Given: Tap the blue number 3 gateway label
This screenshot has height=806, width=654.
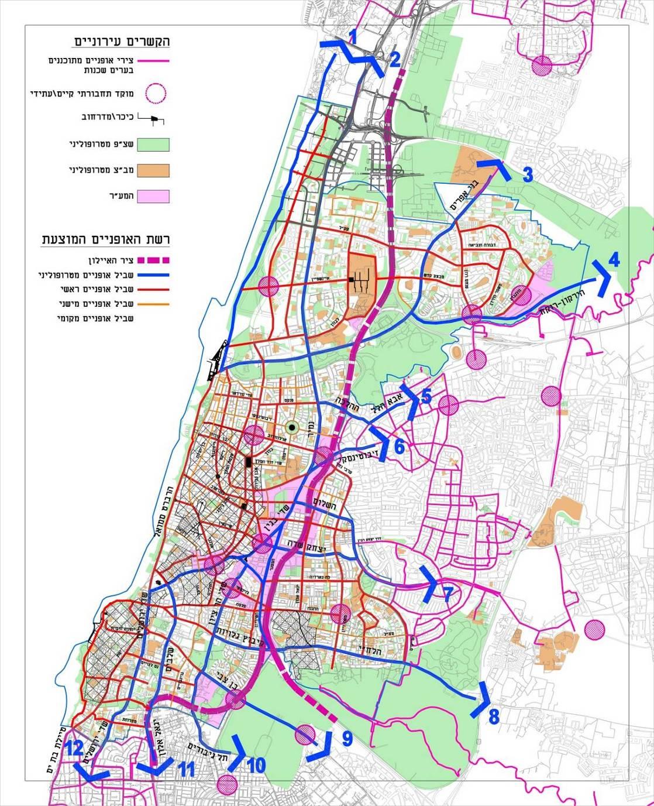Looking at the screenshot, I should coord(528,174).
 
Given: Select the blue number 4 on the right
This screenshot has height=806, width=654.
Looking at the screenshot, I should coord(614,259).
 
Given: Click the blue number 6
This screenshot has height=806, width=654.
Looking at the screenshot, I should coord(399,447).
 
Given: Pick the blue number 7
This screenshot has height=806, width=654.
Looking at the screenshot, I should coord(448,595).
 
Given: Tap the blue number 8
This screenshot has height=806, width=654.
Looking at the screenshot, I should coord(494,715).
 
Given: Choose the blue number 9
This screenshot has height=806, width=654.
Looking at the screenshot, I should coord(347,739).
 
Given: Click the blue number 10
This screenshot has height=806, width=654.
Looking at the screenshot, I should coord(256,765).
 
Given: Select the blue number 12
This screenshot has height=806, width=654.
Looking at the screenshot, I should coord(74,748).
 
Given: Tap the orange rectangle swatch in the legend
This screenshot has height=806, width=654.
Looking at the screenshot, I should coord(153,170).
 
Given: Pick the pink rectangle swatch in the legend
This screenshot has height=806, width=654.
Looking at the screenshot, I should coord(153,197).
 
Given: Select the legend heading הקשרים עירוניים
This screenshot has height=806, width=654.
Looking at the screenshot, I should coord(122,42).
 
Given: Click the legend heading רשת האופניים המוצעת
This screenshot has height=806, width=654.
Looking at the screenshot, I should coord(105,240).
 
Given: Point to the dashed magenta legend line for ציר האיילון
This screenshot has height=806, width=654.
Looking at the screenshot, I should coord(153,260).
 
